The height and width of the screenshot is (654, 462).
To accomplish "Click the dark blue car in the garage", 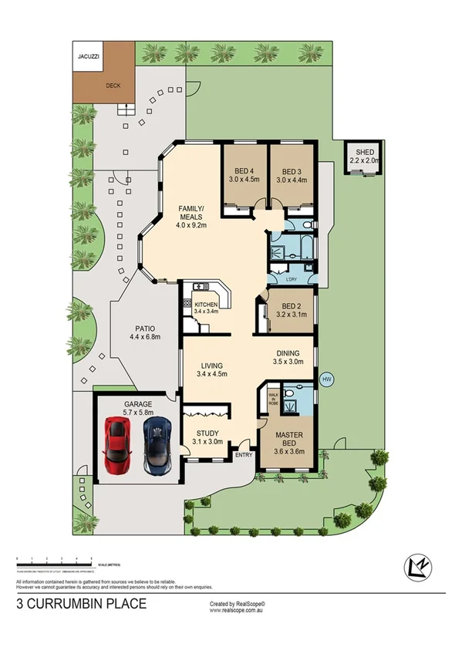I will (x=157, y=445).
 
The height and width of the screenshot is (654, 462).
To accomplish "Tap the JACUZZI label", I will (x=87, y=56).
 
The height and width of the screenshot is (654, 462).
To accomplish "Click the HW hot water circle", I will (x=326, y=379).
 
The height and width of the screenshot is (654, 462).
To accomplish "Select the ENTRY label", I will (x=244, y=455).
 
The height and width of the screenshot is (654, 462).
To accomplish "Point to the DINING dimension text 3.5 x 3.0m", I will (x=288, y=360).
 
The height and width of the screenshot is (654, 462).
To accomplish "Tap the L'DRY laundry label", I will (x=292, y=278).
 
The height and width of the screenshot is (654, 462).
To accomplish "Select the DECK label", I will (x=113, y=86).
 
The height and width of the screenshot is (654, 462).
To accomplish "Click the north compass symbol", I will (x=417, y=567).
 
